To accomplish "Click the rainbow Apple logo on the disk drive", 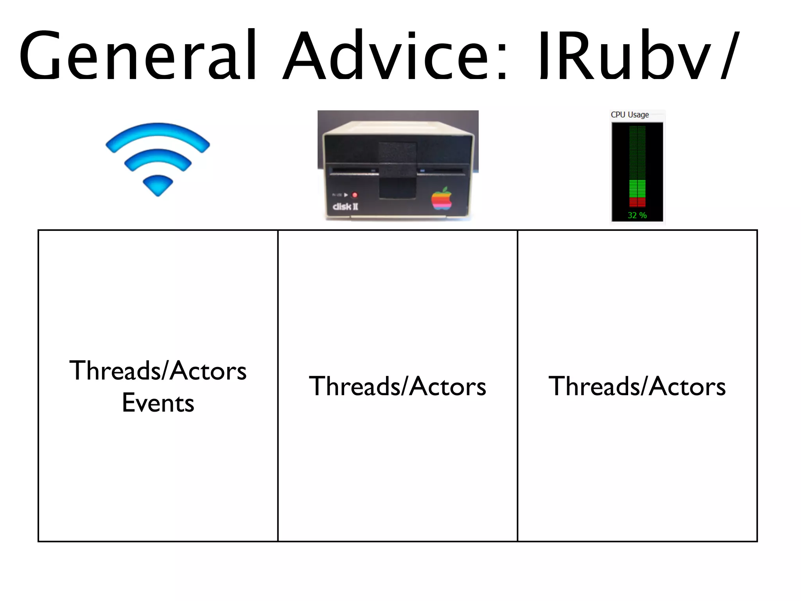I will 441,199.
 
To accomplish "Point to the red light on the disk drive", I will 355,195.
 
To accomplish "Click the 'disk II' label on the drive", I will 345,207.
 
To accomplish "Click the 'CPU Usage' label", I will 630,115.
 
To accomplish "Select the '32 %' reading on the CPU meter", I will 637,215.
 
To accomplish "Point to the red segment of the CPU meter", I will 637,202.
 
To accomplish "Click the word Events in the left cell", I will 158,403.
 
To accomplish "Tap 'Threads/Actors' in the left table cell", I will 158,371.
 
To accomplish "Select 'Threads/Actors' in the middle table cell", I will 397,386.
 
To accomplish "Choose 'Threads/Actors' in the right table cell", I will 637,386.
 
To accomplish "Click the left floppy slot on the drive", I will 354,171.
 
